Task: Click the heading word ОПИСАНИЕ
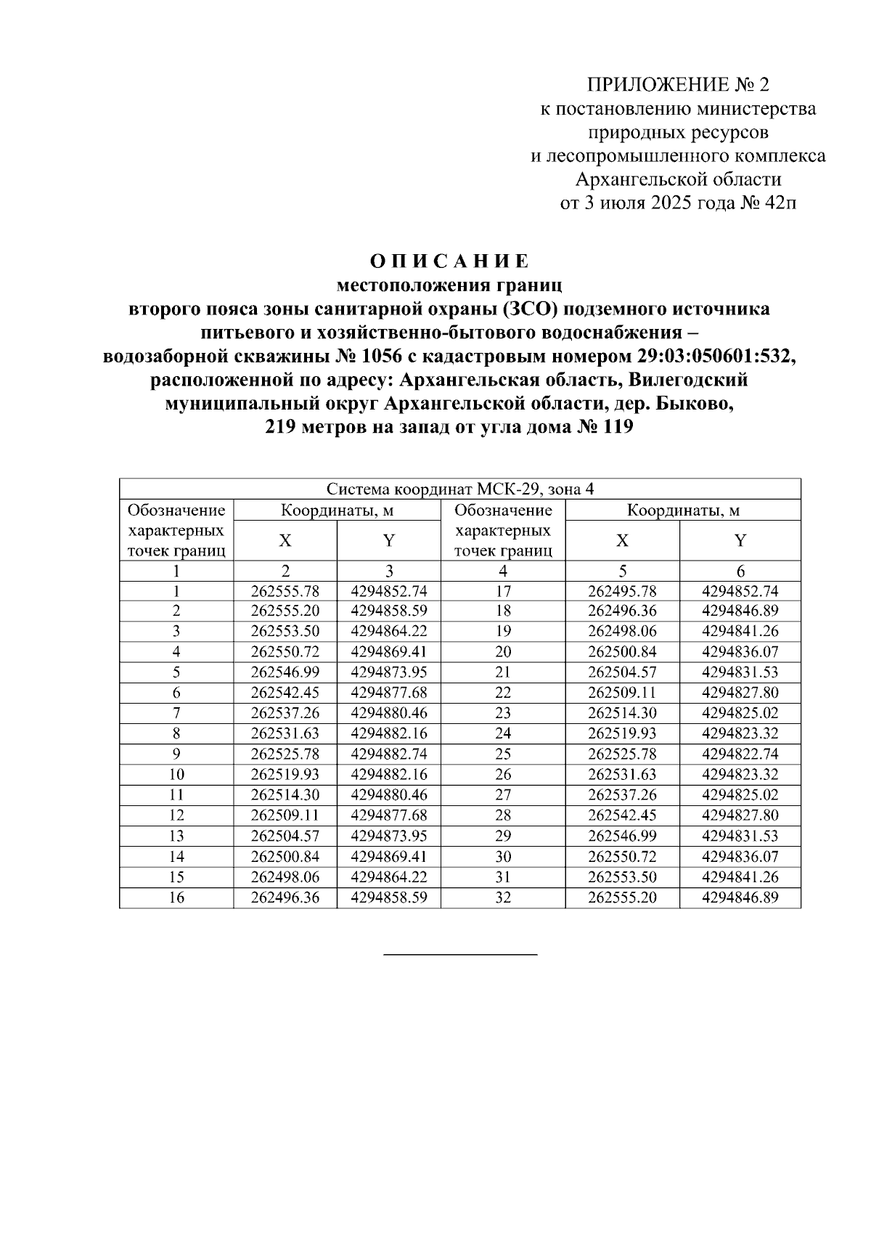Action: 449,261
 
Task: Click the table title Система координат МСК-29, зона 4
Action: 459,489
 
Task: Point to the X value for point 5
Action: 285,672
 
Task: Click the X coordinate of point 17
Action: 621,590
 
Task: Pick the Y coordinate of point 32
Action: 740,898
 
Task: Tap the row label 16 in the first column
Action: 176,898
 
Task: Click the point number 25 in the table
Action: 503,754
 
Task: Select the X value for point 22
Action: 621,692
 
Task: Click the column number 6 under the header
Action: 740,571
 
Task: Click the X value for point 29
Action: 621,836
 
